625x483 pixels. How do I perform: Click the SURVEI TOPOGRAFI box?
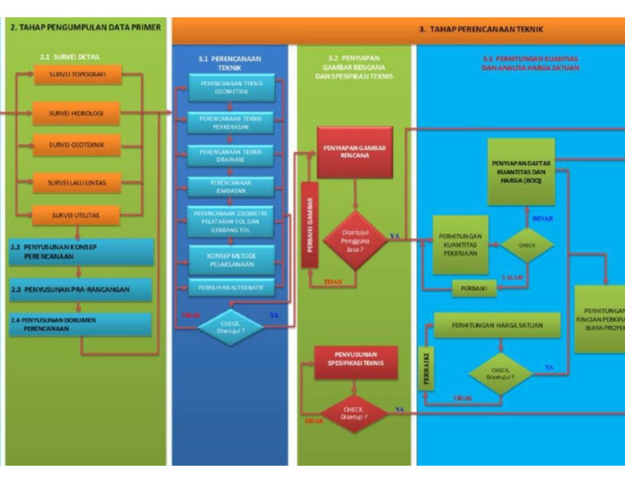click(x=78, y=76)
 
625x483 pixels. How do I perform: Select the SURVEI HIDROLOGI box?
click(x=78, y=113)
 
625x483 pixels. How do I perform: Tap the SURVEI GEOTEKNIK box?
click(x=78, y=146)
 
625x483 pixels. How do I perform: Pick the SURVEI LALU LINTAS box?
click(x=78, y=183)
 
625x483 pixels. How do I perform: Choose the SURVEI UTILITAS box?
click(x=78, y=215)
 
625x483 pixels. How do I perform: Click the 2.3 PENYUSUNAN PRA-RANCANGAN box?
click(x=81, y=289)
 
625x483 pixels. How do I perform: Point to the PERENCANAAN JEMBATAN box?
click(x=230, y=187)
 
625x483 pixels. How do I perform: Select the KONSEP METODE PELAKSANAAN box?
click(x=230, y=258)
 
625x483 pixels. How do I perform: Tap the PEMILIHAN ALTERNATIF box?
click(x=230, y=287)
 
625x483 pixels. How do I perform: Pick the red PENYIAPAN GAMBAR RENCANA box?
click(x=354, y=152)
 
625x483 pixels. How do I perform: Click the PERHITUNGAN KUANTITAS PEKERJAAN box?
click(x=461, y=245)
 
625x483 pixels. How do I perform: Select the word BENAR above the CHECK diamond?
click(x=543, y=218)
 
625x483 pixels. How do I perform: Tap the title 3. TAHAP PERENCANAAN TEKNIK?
click(x=480, y=29)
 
